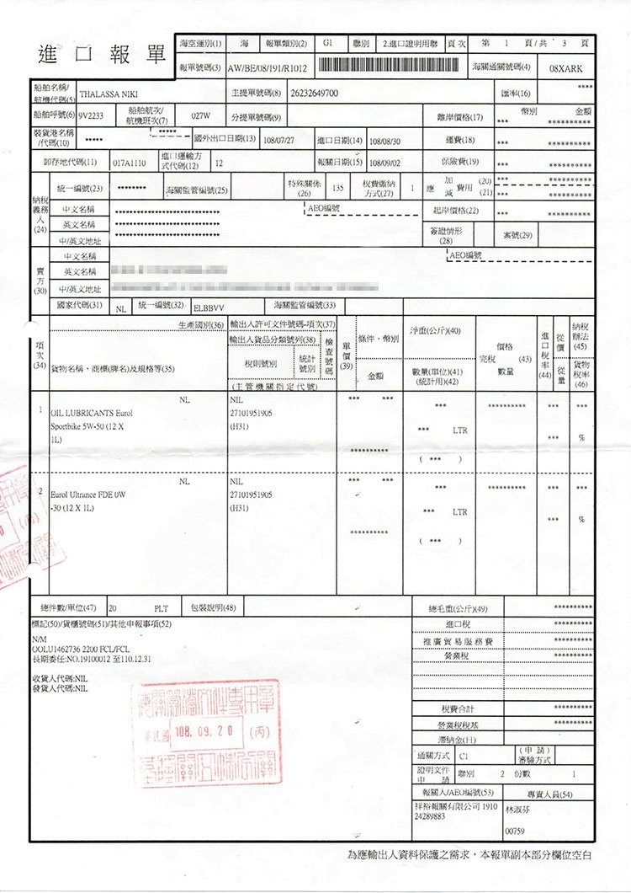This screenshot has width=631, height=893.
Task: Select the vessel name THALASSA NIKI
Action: [108, 94]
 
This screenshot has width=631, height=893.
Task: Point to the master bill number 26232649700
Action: [313, 93]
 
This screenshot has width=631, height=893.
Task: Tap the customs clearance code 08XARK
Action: [565, 67]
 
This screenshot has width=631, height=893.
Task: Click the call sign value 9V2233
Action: [90, 115]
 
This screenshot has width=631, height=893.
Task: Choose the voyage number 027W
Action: [201, 115]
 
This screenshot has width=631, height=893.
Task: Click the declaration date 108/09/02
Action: [386, 162]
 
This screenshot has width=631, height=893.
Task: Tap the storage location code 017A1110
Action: [129, 162]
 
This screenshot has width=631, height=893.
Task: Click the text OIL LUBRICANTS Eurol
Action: [92, 414]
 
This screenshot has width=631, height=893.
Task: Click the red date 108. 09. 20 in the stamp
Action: [207, 727]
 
